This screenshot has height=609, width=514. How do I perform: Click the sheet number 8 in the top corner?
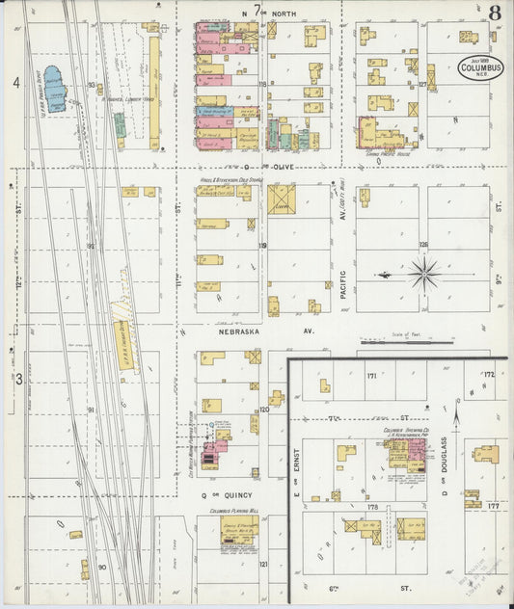pos(494,13)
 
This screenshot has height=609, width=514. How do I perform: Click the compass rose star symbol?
pos(424,275)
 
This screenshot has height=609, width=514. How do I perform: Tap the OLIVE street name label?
pos(282,166)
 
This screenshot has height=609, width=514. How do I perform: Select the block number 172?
pos(489,374)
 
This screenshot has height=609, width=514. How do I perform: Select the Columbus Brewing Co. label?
pos(405,430)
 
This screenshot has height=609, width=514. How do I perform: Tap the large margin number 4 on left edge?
pos(15,84)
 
